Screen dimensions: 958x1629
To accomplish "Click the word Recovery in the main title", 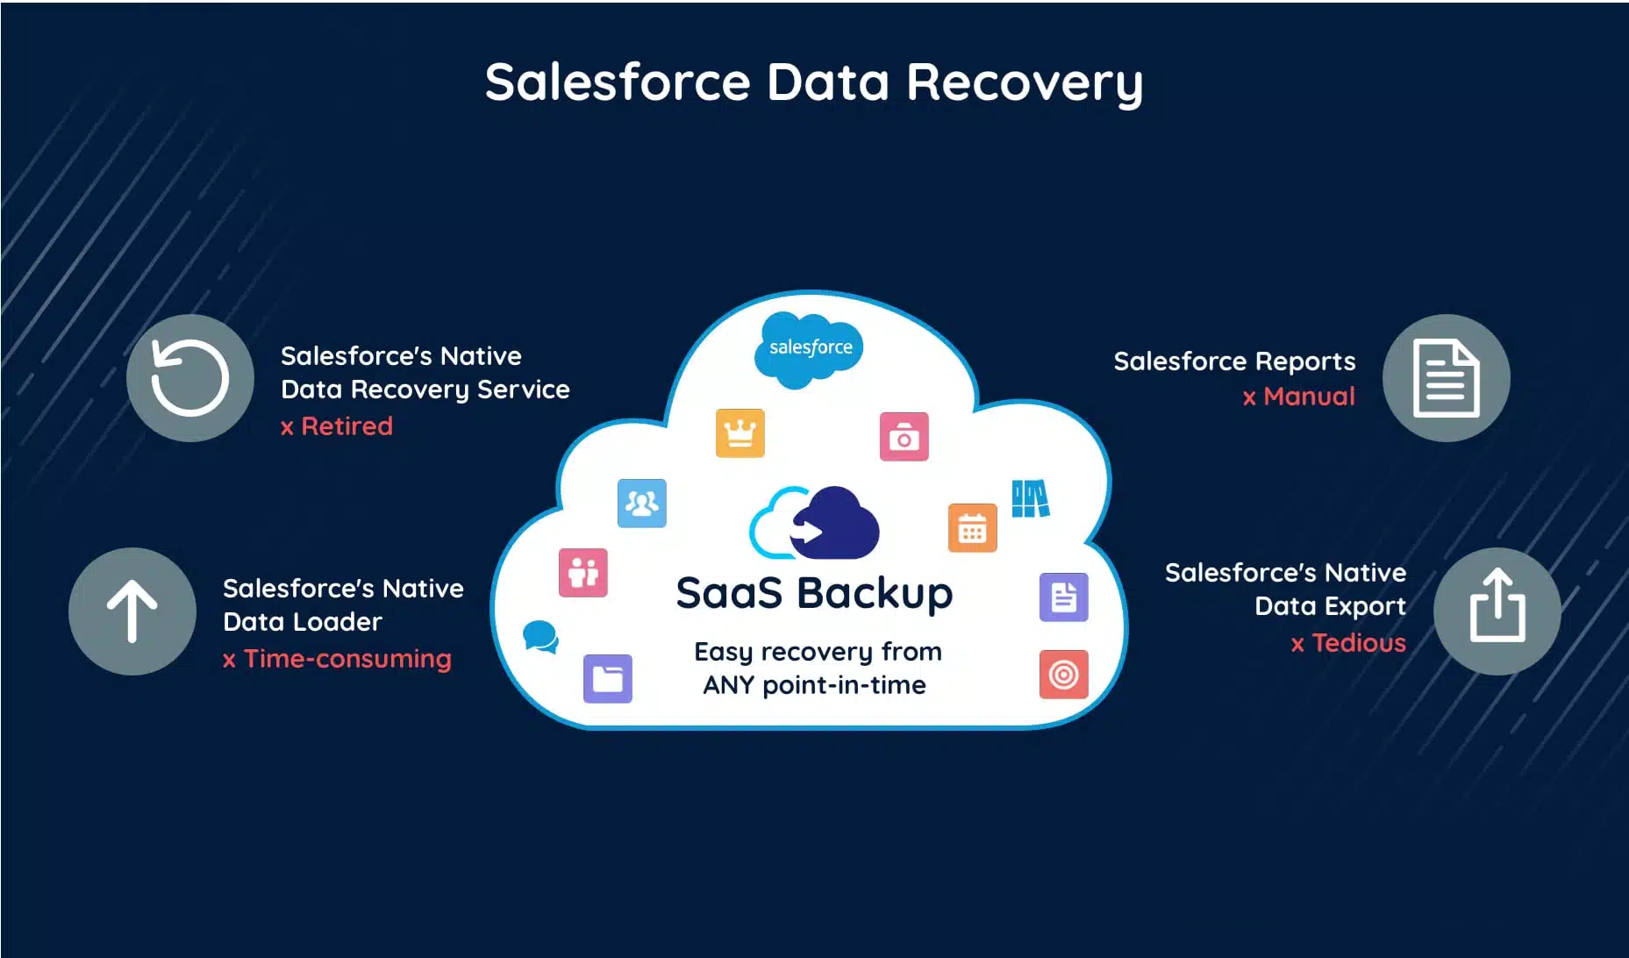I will coord(1024,82).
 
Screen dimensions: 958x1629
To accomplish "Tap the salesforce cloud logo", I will coord(810,348).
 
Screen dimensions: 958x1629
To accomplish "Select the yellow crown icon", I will coord(739,433).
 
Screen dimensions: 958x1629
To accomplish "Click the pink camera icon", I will coord(904,437).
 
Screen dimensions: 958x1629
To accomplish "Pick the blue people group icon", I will coord(641,503).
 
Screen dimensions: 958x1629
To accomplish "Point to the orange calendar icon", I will coord(972,528).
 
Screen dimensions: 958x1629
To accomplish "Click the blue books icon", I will coord(1030,498).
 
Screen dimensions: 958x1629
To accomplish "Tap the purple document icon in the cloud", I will coord(1063,597).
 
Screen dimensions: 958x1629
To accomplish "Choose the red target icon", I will coord(1063,674).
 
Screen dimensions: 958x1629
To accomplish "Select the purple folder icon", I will coord(607,678).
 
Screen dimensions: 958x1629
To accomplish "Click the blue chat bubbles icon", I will coord(540,636).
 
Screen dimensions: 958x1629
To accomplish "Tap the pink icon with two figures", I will coord(582,572).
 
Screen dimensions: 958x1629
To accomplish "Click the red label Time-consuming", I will coord(347,659).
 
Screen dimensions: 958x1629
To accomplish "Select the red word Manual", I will coord(1308,397).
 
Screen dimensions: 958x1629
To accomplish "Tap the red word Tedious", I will coord(1358,643).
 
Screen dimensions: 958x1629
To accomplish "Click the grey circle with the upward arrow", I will coord(132,611).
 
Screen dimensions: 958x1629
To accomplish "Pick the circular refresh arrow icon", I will coord(190,378).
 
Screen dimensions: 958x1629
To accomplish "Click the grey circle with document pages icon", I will coord(1446,378).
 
